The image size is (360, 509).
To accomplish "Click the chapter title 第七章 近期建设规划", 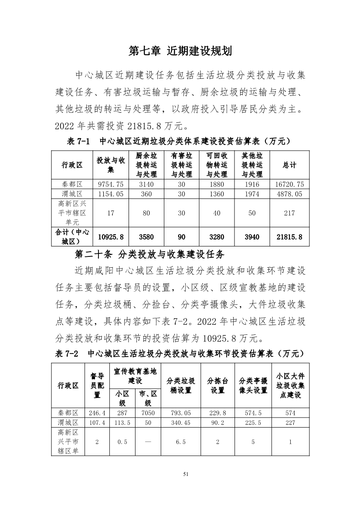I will [180, 51].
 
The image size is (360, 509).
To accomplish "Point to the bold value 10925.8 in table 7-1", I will [111, 236].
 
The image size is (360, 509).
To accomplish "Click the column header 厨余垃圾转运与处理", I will [146, 165].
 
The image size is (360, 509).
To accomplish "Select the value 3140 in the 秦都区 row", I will [146, 184].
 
